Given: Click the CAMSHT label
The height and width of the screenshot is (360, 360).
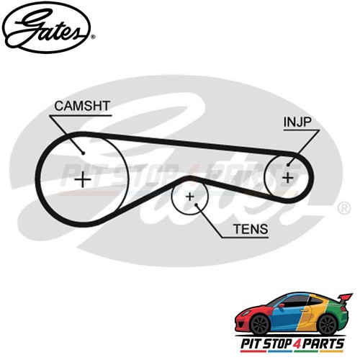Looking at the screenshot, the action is [82, 106].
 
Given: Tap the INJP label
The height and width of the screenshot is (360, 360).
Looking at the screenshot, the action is [297, 122].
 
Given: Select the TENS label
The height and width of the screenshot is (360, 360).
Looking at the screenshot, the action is [251, 229].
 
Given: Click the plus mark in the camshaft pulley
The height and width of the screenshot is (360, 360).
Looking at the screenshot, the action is [83, 179].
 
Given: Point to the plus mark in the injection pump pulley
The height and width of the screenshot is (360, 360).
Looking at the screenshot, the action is [288, 178].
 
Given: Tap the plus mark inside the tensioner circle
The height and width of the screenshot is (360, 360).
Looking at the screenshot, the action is [190, 197].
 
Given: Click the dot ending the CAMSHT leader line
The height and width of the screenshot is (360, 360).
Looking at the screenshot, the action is [84, 153].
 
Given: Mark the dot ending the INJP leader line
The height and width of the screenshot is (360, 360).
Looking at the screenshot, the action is [288, 165].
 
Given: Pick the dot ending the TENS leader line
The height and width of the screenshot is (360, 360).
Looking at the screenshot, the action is [196, 204].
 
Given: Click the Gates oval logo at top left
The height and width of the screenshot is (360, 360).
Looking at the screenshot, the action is [46, 27].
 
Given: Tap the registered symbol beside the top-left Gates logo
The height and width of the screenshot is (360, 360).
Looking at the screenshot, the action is [94, 37].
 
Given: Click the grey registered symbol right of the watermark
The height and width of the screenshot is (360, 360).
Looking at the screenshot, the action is [344, 208].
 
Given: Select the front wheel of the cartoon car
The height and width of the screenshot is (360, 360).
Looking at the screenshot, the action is [260, 324].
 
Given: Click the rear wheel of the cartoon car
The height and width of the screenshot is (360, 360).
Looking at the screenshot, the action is [328, 324].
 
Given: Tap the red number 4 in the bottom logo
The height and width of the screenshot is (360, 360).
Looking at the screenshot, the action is [291, 344].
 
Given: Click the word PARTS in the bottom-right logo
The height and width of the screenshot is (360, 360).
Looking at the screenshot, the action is [320, 343].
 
